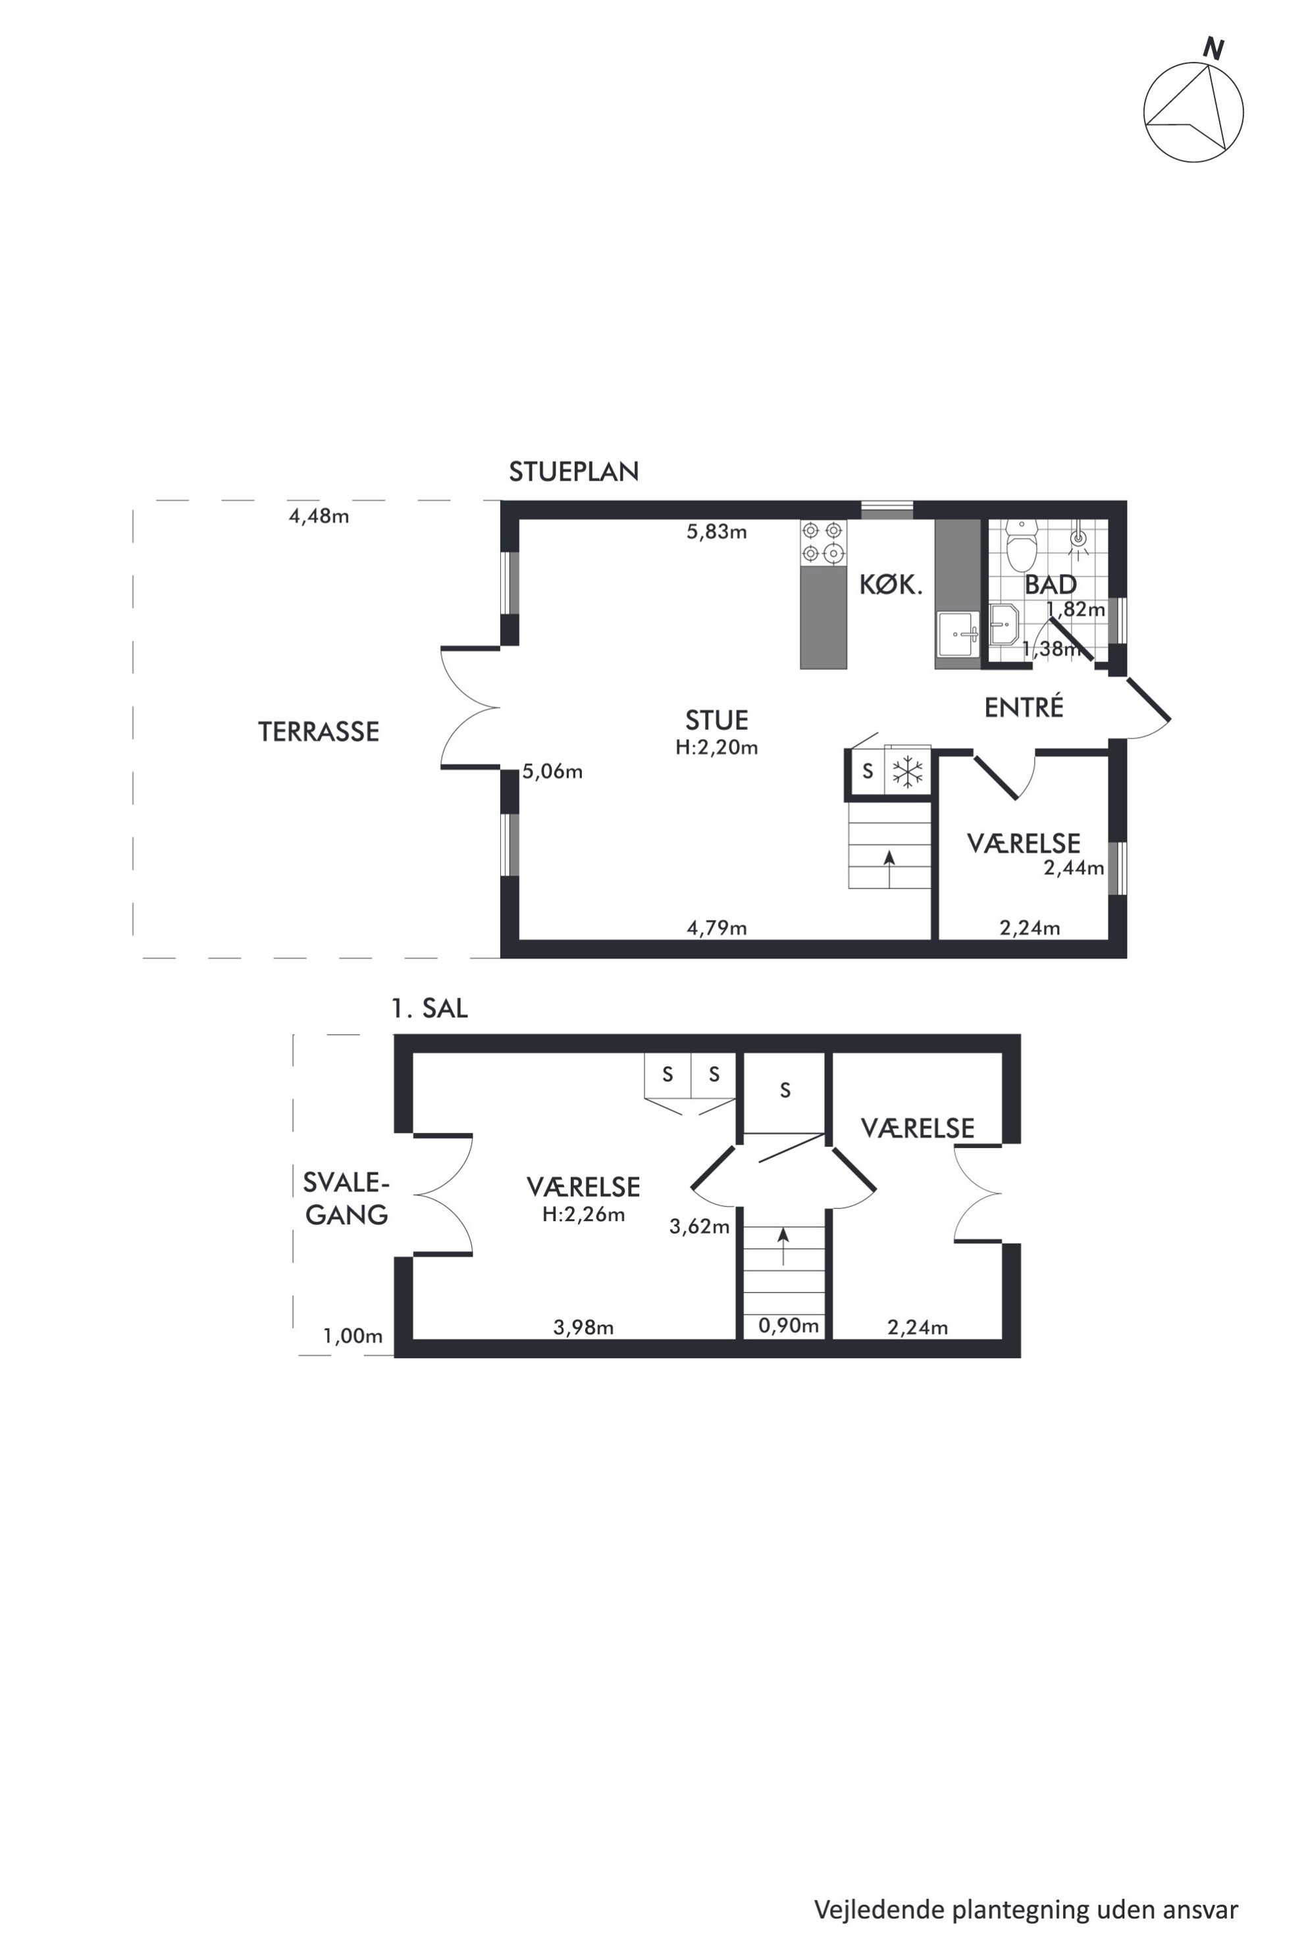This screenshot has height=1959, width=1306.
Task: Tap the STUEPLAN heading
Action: tap(574, 472)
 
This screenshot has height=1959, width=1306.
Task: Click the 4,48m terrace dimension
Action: tap(319, 516)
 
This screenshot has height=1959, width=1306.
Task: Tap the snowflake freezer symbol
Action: tap(907, 771)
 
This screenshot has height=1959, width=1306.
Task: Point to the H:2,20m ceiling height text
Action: tap(716, 747)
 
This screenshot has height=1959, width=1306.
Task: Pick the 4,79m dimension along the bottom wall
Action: tap(716, 928)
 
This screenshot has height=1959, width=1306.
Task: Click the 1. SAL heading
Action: tap(430, 1008)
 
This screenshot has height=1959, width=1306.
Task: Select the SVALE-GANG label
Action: tap(346, 1199)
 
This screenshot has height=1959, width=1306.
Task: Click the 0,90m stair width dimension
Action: tap(788, 1325)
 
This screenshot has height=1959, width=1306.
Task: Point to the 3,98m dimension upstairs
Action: tap(583, 1328)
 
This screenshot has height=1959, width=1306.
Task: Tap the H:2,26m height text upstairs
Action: tap(583, 1215)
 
